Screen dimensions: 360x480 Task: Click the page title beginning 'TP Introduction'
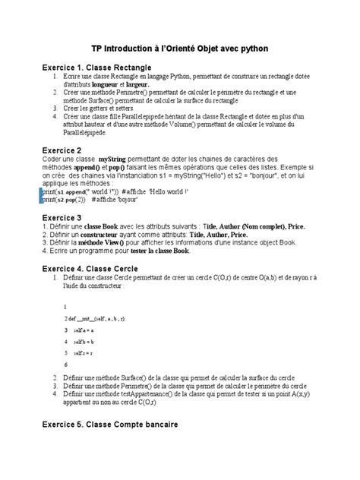180,49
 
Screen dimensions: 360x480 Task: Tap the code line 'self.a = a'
82,332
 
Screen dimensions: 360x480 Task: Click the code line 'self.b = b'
82,343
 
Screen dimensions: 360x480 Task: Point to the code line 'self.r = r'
82,353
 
